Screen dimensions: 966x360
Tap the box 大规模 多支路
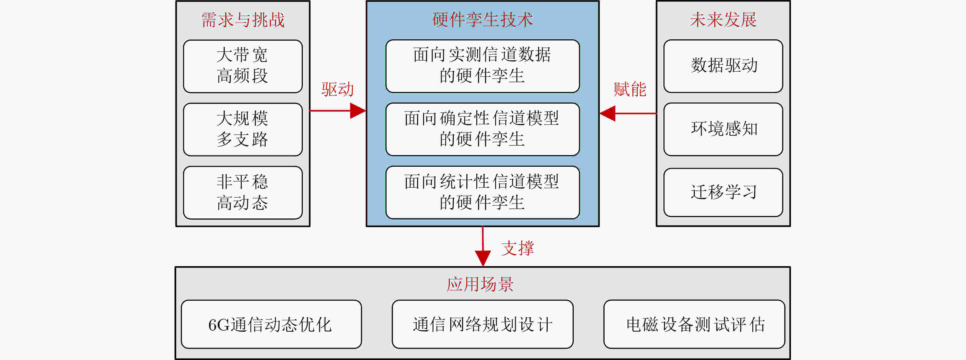point(243,129)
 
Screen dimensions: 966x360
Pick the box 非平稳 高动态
point(243,193)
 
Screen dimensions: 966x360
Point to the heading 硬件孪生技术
point(482,19)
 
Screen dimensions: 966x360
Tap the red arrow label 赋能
point(630,89)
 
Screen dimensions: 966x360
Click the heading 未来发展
point(723,19)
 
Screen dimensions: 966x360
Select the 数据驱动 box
point(723,66)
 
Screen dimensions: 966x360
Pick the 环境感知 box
point(723,129)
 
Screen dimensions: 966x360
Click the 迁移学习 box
point(723,192)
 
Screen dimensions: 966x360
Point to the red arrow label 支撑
point(517,248)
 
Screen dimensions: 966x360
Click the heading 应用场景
point(480,284)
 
